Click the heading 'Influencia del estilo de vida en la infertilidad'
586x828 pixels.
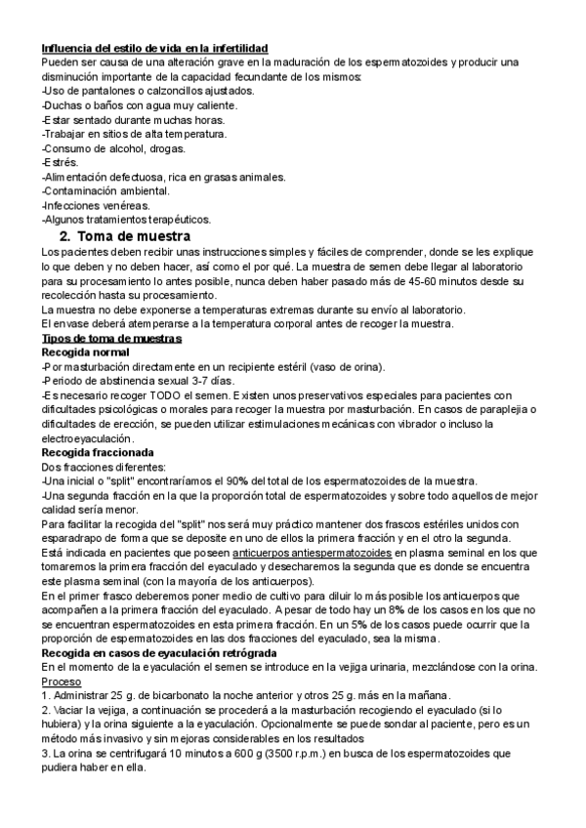click(x=155, y=49)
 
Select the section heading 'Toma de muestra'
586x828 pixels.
click(x=133, y=236)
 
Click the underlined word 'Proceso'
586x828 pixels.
click(x=62, y=681)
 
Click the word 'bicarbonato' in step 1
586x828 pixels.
click(x=140, y=695)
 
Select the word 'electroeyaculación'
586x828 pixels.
click(x=87, y=439)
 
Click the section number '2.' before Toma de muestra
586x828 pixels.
click(x=65, y=236)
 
